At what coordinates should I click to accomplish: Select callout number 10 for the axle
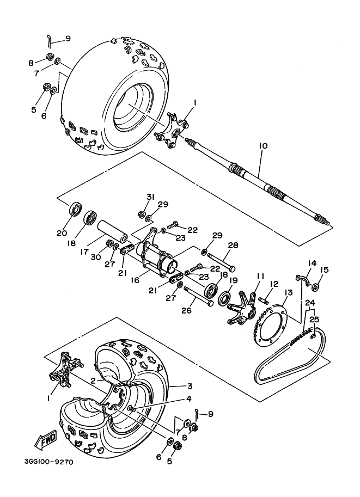263,146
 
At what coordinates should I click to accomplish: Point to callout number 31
150,197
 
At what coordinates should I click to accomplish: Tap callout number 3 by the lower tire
190,386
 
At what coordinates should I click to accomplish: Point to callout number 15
324,269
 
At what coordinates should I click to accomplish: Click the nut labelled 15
318,284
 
